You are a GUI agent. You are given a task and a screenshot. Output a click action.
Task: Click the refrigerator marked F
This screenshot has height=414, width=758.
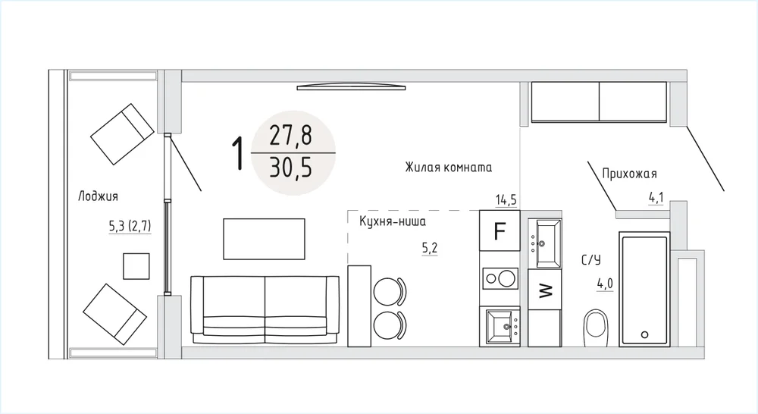click(500, 231)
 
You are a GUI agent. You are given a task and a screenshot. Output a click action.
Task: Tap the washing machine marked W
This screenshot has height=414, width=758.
click(545, 289)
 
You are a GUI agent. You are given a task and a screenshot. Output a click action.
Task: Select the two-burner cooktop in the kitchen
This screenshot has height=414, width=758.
click(500, 278)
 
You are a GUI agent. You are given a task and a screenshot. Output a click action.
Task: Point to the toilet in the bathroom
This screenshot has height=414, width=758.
click(596, 328)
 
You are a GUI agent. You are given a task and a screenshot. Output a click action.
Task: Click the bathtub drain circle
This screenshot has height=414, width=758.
click(644, 334)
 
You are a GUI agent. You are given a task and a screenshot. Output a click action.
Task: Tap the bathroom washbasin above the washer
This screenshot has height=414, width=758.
click(545, 243)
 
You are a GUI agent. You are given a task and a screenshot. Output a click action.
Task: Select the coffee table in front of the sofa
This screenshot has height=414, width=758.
click(264, 239)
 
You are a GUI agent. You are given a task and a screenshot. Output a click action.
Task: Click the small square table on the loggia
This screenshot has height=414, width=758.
click(136, 266)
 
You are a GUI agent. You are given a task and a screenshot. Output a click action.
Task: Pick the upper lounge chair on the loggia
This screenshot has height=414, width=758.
click(122, 134)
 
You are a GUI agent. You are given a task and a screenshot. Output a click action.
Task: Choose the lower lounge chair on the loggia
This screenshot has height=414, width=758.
click(114, 314)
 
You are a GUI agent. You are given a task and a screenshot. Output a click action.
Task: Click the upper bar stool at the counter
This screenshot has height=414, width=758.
click(390, 292)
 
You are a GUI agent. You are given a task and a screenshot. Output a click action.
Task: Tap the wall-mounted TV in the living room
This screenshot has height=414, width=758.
click(352, 87)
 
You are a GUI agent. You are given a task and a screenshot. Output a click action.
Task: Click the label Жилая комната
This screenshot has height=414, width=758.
click(449, 168)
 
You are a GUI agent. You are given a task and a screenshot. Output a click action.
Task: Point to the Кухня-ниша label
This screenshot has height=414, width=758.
click(393, 221)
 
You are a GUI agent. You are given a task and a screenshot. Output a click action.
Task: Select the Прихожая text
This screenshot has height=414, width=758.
click(629, 174)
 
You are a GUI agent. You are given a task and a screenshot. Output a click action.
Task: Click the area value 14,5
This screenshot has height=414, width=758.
click(506, 199)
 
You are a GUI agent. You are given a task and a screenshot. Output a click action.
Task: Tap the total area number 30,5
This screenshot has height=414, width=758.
click(291, 168)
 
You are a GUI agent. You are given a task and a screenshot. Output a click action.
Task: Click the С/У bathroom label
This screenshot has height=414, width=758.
click(590, 260)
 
